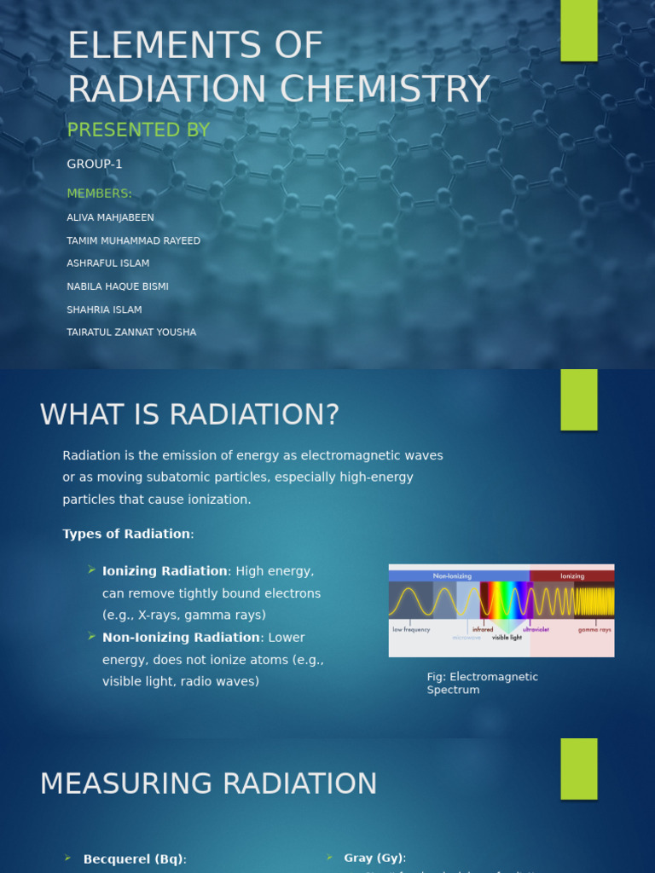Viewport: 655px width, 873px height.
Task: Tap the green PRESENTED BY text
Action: pyautogui.click(x=138, y=130)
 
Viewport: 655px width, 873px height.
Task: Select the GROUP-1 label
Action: pyautogui.click(x=95, y=165)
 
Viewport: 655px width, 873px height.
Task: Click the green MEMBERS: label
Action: pyautogui.click(x=100, y=194)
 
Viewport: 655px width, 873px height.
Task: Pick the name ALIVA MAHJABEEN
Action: pyautogui.click(x=111, y=218)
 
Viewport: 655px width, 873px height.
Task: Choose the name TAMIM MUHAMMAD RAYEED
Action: pyautogui.click(x=134, y=241)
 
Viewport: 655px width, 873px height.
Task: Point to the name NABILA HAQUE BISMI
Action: pyautogui.click(x=118, y=287)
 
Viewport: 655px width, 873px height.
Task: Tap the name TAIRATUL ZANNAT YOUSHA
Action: pyautogui.click(x=131, y=332)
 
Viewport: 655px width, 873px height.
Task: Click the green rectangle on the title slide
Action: pyautogui.click(x=578, y=31)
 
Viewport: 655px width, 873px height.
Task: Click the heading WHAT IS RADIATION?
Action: pyautogui.click(x=189, y=415)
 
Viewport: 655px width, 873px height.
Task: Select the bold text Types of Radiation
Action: pyautogui.click(x=126, y=535)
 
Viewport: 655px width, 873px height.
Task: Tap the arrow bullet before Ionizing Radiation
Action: pyautogui.click(x=91, y=569)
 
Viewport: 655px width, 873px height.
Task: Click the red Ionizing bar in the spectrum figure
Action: pyautogui.click(x=571, y=576)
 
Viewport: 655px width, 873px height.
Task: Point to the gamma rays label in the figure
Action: pyautogui.click(x=594, y=630)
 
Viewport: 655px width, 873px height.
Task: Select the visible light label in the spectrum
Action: pyautogui.click(x=507, y=638)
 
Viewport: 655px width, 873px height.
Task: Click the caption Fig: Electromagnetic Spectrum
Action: pyautogui.click(x=482, y=683)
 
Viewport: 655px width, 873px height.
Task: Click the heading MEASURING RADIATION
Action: pyautogui.click(x=208, y=784)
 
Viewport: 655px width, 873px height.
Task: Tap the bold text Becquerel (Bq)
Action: pyautogui.click(x=134, y=859)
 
